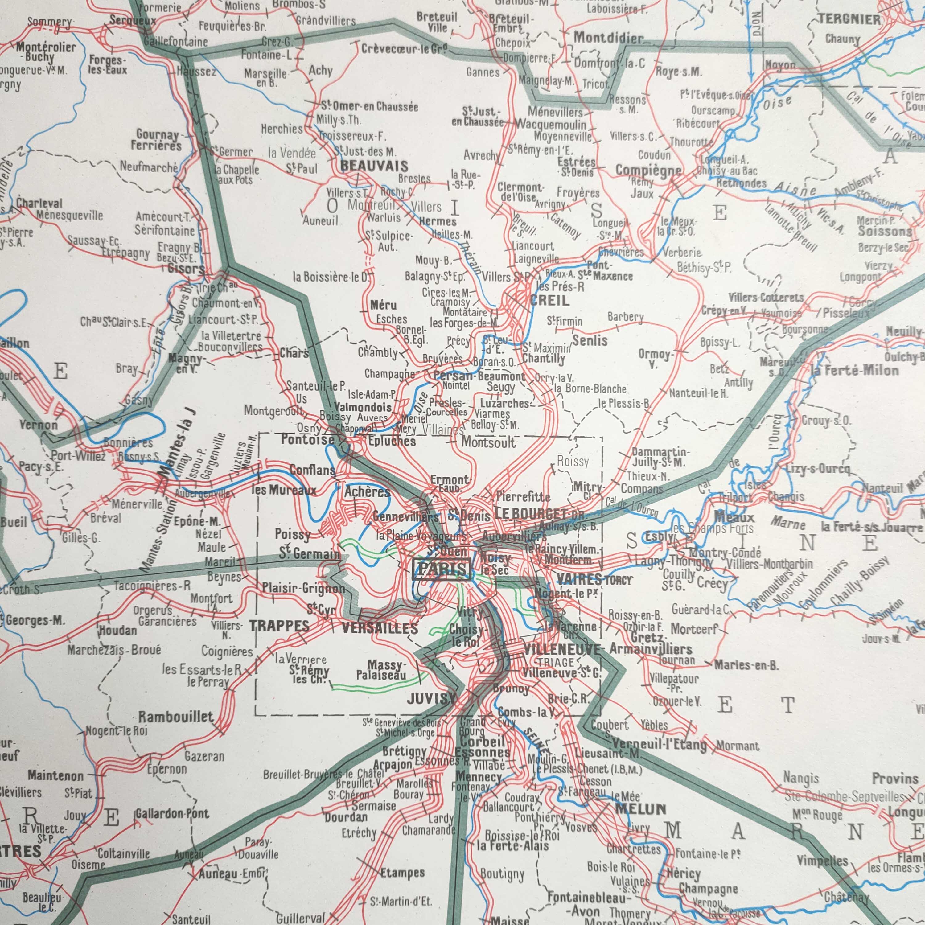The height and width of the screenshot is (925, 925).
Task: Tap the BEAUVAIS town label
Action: [374, 166]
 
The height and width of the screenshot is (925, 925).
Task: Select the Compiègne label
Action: [648, 171]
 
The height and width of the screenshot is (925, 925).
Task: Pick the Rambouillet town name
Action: [176, 717]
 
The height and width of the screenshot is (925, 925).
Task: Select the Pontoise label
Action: [307, 439]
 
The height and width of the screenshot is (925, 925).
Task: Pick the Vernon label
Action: [38, 425]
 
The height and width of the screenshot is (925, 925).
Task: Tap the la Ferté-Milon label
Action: [855, 370]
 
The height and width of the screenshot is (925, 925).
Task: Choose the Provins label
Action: [894, 779]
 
